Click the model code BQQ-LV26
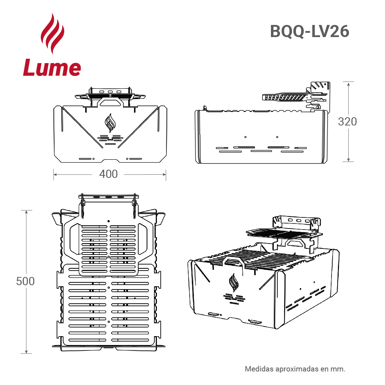tap(309, 32)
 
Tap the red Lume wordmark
tap(52, 68)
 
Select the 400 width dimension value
tap(108, 174)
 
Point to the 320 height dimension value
tap(347, 122)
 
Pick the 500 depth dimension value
tap(25, 281)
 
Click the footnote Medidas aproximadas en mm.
tap(295, 369)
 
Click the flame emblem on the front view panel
tap(110, 123)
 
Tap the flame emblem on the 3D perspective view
tap(234, 283)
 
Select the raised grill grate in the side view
tap(284, 97)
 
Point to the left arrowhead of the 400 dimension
tap(55, 174)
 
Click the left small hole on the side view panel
tap(245, 137)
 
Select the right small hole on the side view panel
tap(277, 137)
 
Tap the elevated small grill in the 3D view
tap(284, 234)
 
